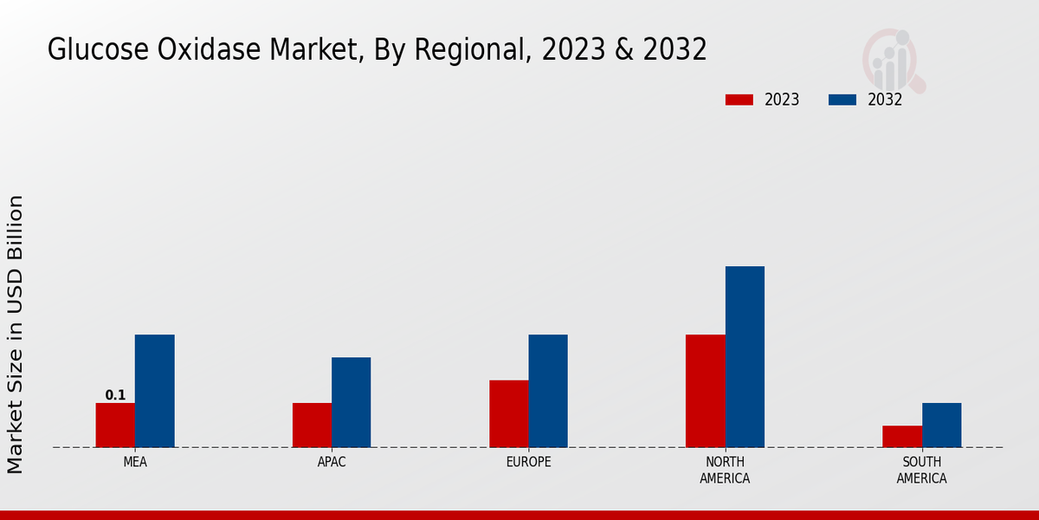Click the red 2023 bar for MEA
[115, 425]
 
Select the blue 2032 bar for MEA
[155, 391]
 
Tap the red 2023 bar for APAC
[312, 425]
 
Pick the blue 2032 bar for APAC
[352, 402]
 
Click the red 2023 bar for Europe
[508, 413]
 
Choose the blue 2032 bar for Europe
[548, 391]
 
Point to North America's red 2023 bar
[705, 391]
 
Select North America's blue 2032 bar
[745, 356]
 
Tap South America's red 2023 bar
[901, 436]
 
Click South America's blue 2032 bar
[941, 425]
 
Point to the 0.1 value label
[115, 395]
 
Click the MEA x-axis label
[135, 462]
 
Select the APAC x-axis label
[332, 462]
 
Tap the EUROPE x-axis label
[528, 462]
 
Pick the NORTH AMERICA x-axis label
[725, 470]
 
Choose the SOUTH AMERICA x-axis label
[921, 470]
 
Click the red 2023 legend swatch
[739, 100]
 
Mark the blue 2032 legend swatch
[842, 100]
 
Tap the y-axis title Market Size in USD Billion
[16, 334]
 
